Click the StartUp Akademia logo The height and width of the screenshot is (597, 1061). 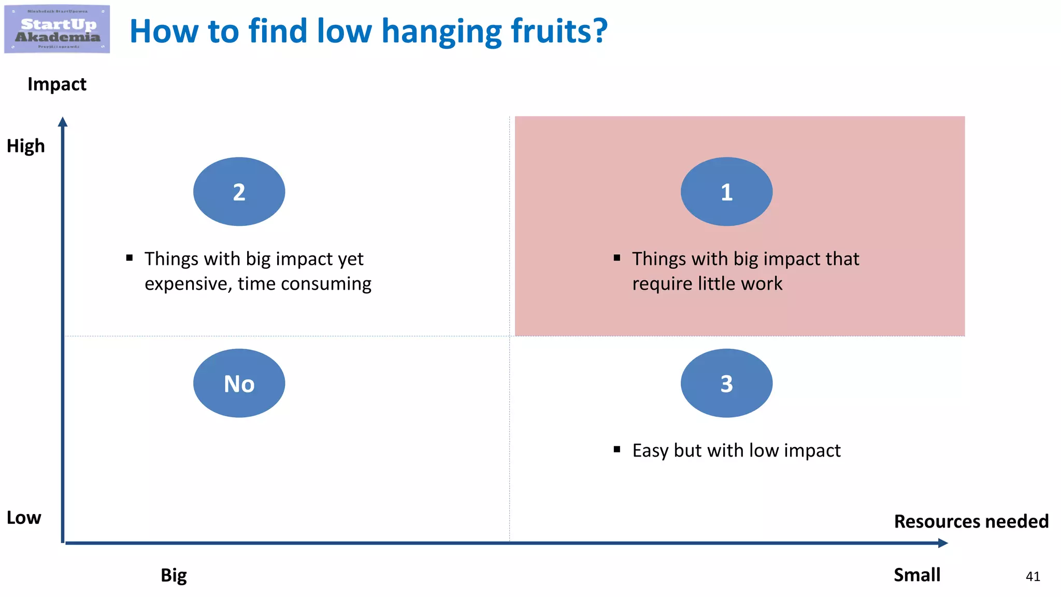coord(57,29)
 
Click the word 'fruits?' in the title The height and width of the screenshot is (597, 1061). coord(559,31)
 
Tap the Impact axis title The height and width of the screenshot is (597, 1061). coord(57,84)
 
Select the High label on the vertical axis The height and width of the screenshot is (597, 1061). coord(26,146)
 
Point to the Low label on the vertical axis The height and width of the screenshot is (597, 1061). coord(24,518)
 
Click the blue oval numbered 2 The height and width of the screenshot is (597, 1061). coord(239,192)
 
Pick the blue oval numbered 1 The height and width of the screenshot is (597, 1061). coord(726,192)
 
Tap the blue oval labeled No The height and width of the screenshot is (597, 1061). coord(239,383)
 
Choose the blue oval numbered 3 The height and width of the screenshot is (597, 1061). coord(726,383)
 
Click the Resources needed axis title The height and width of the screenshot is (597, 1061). coord(971,521)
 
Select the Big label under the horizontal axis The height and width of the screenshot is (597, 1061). coord(174,575)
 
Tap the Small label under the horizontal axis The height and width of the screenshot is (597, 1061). coord(916,575)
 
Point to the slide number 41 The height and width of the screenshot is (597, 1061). coord(1033,577)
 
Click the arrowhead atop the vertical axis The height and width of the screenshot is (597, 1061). coord(63,122)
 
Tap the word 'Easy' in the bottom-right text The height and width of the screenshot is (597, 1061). coord(651,451)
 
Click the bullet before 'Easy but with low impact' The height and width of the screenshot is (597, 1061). coord(616,449)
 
